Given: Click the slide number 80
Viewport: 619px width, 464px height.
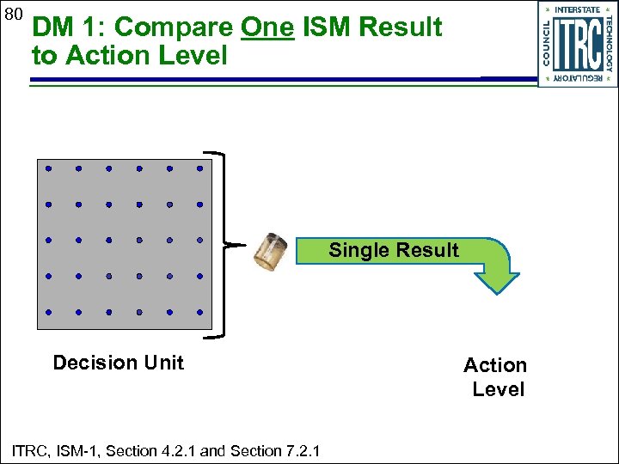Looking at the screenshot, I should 12,14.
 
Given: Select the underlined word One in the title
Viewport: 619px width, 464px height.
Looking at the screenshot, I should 268,27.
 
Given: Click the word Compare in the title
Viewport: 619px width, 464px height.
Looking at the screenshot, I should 173,27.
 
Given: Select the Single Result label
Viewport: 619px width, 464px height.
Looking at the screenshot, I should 394,251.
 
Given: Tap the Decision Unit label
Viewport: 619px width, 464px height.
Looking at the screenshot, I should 119,363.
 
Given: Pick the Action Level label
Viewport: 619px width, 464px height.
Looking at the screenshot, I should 496,377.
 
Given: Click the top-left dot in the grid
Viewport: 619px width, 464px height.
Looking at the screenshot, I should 49,168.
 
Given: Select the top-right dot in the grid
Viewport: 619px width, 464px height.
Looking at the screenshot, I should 199,168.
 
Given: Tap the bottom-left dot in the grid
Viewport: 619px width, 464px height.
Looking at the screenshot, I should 49,312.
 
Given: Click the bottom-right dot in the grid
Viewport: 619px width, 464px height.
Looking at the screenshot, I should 199,312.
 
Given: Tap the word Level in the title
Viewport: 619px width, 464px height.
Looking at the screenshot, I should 198,57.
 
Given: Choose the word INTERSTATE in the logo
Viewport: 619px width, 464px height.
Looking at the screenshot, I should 578,9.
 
